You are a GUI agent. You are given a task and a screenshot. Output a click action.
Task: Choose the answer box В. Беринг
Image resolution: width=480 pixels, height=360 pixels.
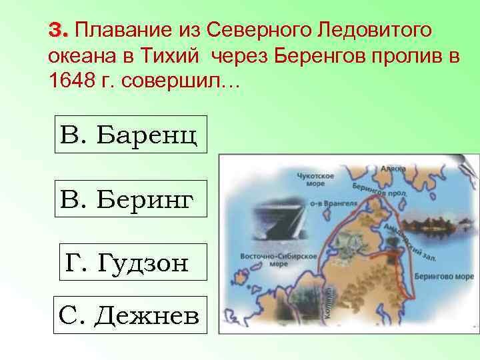(130, 198)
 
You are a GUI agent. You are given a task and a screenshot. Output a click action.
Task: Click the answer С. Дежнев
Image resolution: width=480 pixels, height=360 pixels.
(130, 314)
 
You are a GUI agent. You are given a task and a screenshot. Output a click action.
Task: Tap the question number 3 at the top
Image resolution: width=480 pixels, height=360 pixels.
(59, 31)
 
